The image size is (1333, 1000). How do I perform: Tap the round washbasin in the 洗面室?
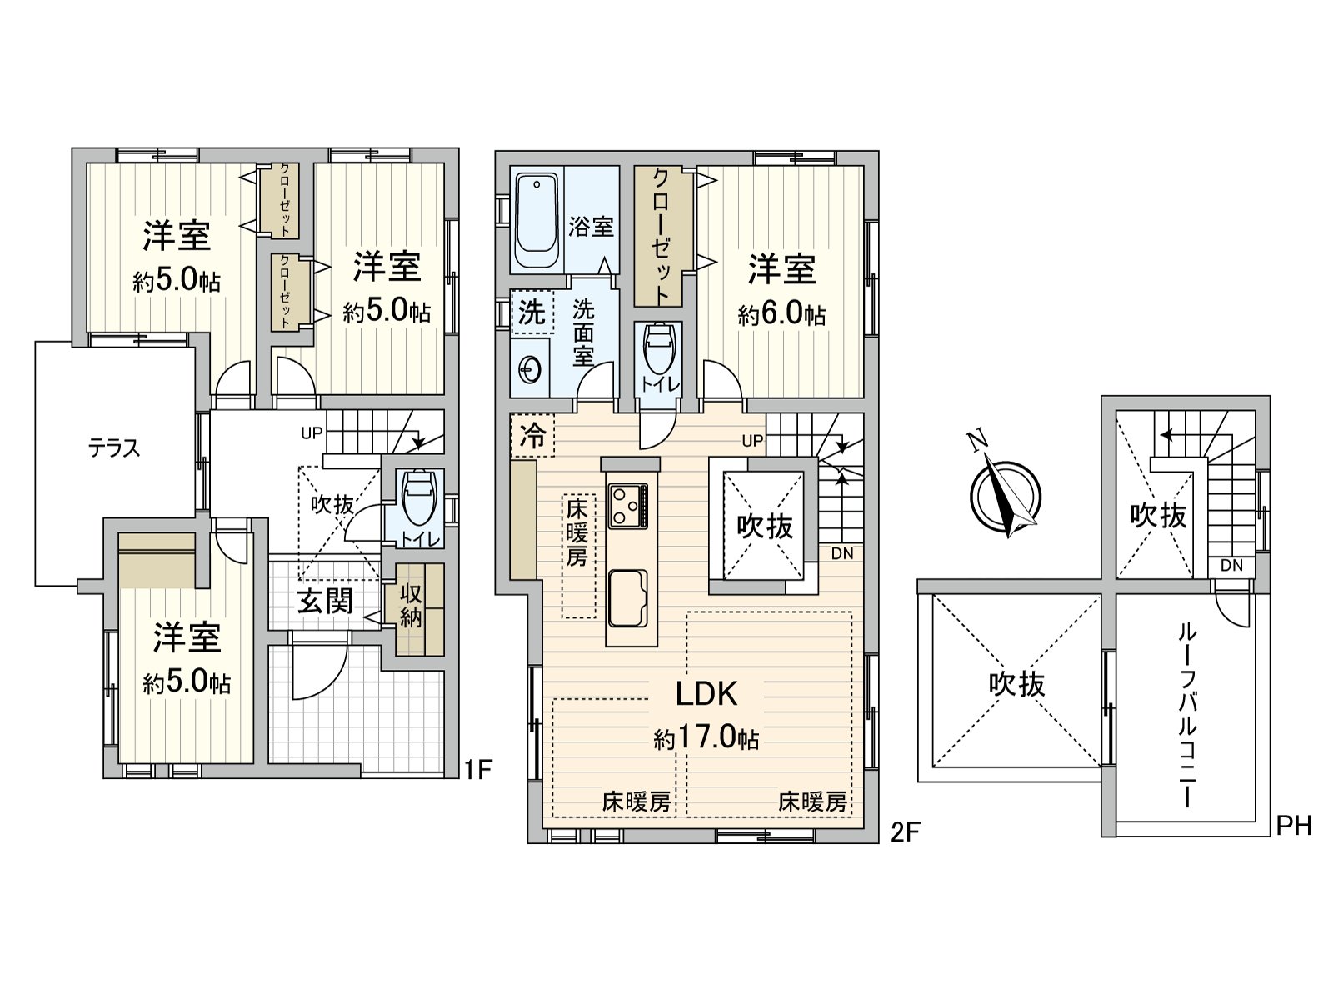527,367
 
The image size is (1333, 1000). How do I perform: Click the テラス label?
114,449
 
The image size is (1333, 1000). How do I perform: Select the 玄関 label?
325,601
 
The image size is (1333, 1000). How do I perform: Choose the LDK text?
706,693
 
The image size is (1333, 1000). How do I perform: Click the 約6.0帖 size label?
781,314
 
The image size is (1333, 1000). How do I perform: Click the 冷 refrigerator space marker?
532,435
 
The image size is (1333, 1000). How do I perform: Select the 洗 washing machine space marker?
531,312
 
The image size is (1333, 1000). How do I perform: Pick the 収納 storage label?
411,606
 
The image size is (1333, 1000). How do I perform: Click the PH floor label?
1294,826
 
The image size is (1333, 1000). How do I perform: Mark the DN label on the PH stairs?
1231,566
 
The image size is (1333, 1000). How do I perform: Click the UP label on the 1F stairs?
312,433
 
